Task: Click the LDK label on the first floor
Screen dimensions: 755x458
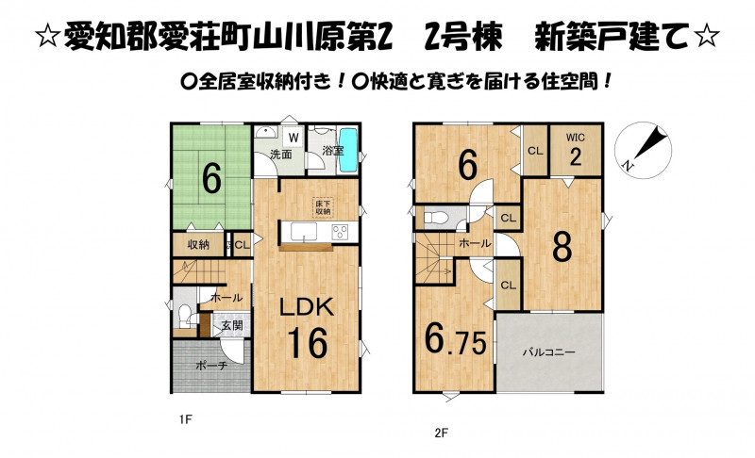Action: point(308,307)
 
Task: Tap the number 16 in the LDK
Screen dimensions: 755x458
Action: point(308,342)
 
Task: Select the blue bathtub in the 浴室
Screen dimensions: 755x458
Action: point(347,150)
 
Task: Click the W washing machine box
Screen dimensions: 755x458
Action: point(294,138)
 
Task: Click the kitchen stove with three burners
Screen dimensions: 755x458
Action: point(341,232)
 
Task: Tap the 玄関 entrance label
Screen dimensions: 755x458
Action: point(232,325)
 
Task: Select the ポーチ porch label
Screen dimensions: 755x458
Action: point(211,366)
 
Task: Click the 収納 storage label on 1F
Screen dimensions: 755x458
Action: point(198,245)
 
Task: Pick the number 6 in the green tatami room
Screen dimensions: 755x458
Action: point(211,178)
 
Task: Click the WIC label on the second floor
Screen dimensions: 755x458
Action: point(576,138)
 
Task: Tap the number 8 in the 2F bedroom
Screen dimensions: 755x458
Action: point(562,247)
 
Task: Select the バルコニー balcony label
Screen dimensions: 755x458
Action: point(549,352)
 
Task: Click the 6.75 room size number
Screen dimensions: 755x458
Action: point(455,338)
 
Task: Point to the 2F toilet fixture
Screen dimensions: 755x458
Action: point(435,219)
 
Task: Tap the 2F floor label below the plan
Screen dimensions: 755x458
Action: point(441,433)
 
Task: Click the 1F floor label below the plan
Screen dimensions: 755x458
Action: point(185,419)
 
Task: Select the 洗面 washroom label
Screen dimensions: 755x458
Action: point(280,155)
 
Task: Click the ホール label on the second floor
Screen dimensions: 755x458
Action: point(475,244)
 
